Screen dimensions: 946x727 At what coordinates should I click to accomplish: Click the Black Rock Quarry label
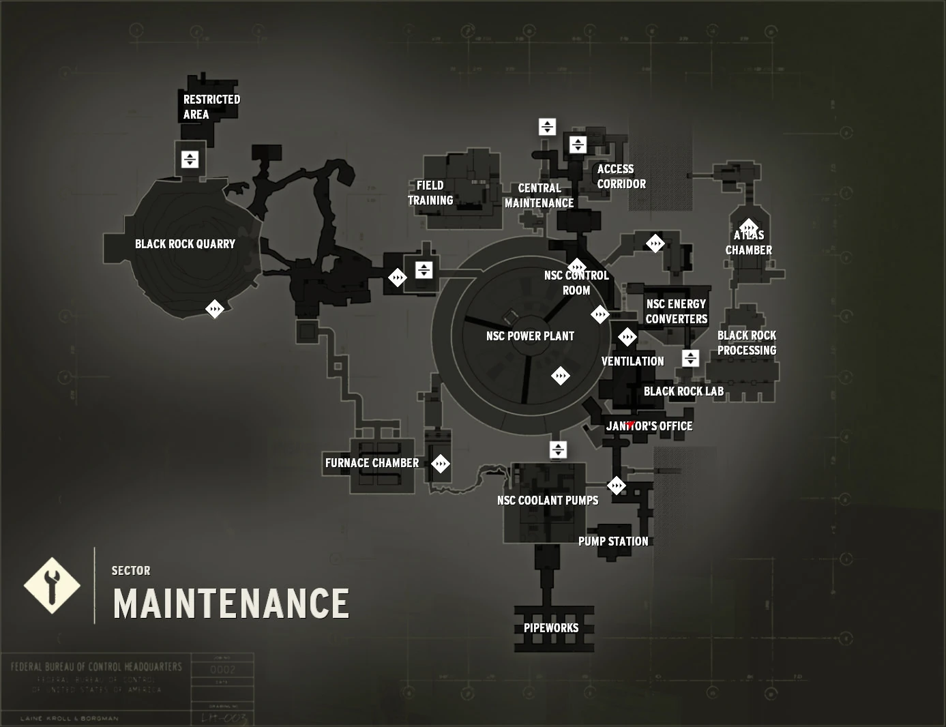tap(185, 244)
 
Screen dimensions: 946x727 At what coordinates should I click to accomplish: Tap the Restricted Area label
tap(211, 106)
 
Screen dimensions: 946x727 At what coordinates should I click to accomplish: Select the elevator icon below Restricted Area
tap(190, 160)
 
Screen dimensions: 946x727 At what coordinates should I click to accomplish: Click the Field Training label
tap(430, 193)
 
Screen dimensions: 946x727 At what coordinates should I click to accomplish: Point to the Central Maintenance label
tap(539, 196)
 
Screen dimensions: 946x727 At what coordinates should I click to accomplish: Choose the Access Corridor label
tap(621, 177)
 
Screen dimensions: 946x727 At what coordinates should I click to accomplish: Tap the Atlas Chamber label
tap(748, 243)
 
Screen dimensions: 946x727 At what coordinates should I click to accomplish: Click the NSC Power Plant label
tap(530, 336)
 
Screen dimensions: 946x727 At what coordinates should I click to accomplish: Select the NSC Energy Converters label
tap(676, 312)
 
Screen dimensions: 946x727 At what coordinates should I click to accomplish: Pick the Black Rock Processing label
tap(746, 343)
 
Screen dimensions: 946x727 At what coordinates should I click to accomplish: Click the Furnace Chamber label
tap(372, 463)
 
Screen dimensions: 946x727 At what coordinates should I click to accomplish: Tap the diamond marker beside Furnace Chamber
tap(441, 464)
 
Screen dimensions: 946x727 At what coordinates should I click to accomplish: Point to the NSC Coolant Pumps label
tap(547, 501)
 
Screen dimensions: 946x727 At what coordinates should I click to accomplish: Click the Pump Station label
tap(613, 541)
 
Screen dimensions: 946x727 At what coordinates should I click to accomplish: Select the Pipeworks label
tap(550, 628)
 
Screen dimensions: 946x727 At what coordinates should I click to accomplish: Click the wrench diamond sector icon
tap(52, 586)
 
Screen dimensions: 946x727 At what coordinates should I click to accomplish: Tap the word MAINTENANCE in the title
tap(231, 604)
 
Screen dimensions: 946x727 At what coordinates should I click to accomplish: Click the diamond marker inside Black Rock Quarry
tap(215, 309)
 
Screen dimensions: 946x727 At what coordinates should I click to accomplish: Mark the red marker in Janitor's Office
tap(630, 424)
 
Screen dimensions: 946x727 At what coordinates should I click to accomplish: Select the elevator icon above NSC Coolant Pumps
tap(558, 449)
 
